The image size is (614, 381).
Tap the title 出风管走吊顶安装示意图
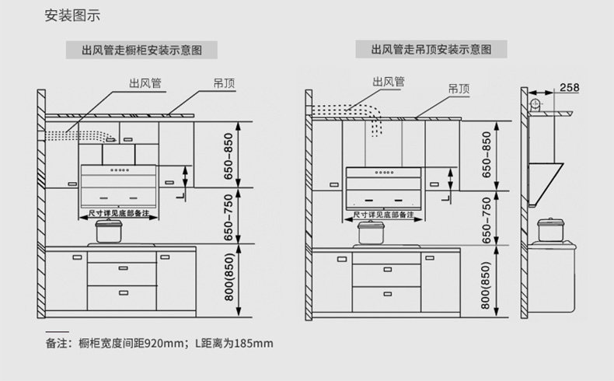(x=431, y=50)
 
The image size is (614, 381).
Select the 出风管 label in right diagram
(x=388, y=82)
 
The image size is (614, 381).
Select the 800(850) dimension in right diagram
(x=487, y=281)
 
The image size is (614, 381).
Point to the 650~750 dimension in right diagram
(x=487, y=221)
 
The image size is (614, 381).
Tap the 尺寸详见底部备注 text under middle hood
(x=383, y=214)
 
